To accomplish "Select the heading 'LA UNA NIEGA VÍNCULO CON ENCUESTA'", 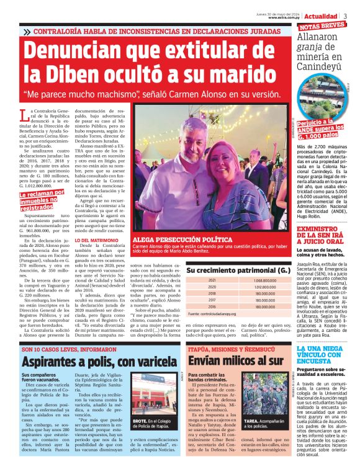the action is [x=325, y=354].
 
